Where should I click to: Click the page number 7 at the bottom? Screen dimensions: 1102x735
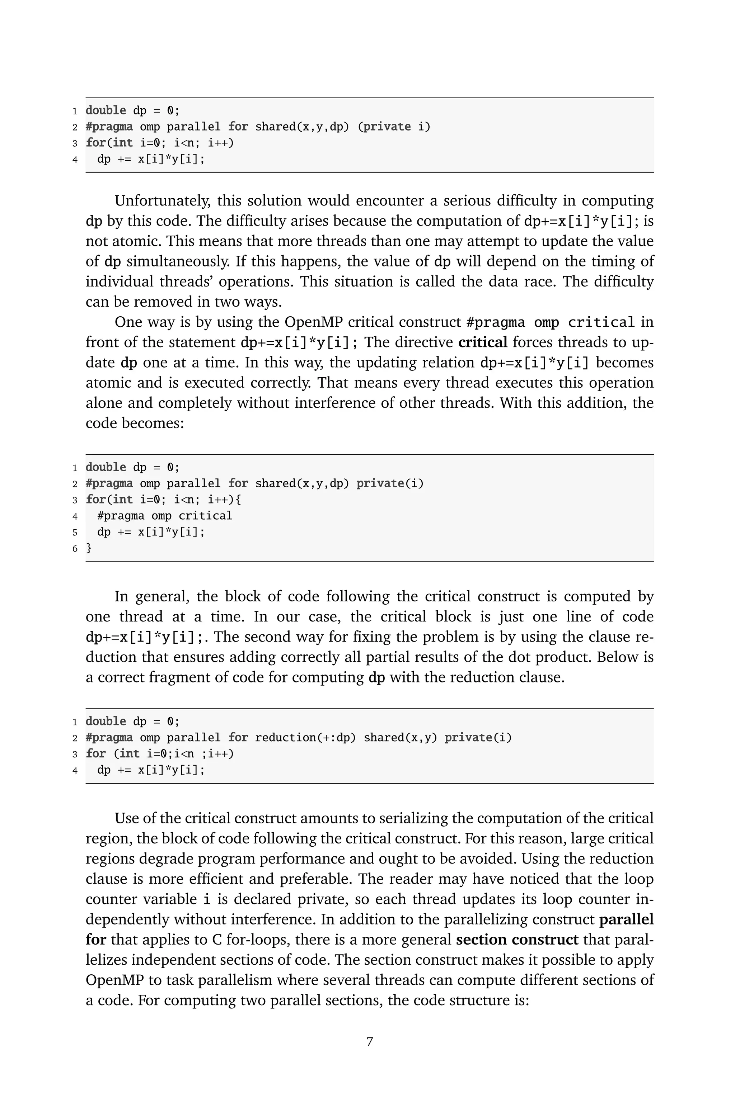click(x=369, y=1042)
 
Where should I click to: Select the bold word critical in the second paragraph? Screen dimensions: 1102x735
click(x=482, y=342)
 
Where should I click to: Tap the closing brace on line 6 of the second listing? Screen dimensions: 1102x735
click(x=89, y=548)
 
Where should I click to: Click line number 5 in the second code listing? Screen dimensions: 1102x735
click(x=75, y=533)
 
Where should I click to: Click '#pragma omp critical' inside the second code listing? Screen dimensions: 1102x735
click(x=164, y=516)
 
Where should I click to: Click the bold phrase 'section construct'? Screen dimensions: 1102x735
click(x=517, y=940)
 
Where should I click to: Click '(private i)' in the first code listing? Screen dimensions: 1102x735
click(x=394, y=127)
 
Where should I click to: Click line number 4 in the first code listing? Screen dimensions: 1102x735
click(x=75, y=160)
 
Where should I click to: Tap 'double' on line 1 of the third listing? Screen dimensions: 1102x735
click(x=106, y=721)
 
